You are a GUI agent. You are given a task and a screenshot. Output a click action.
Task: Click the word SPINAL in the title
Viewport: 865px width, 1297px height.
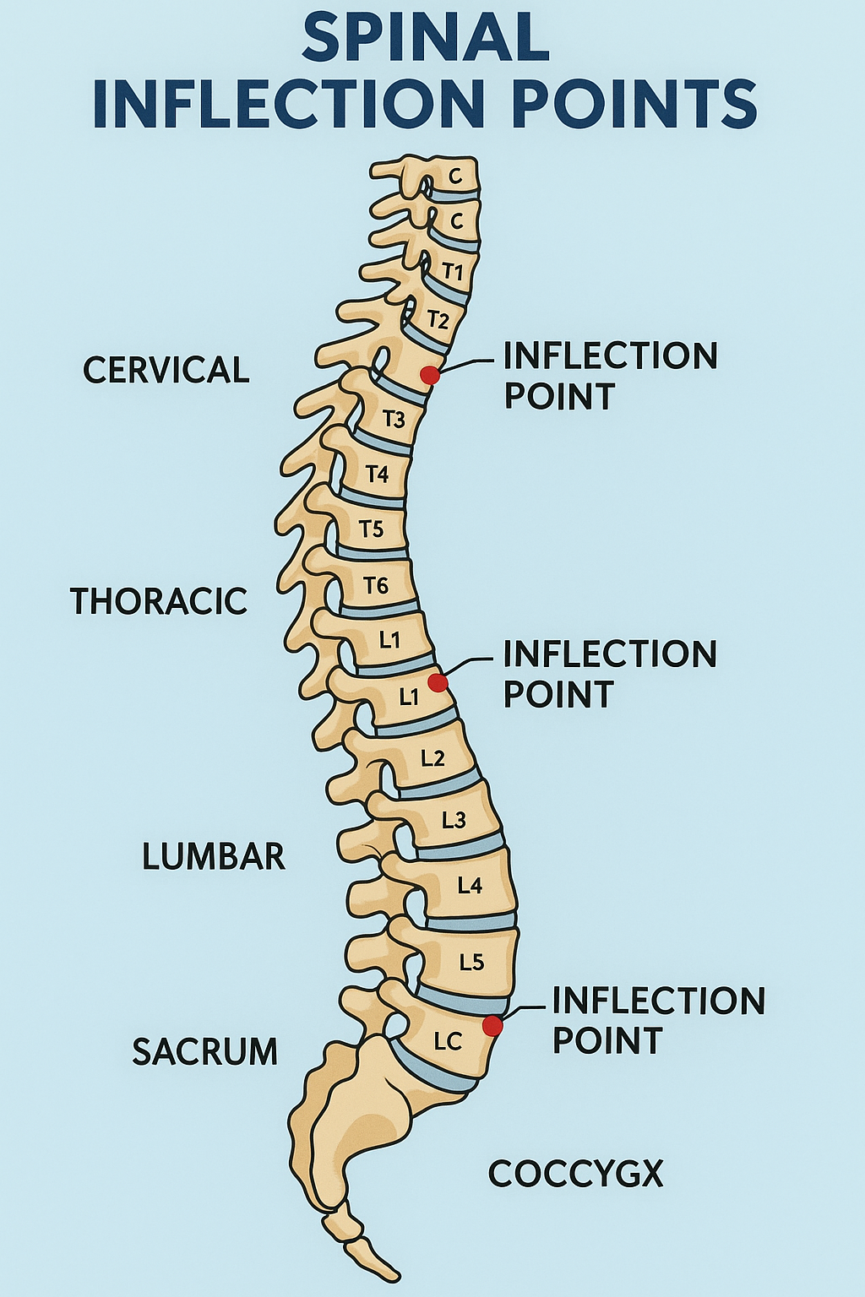pos(425,38)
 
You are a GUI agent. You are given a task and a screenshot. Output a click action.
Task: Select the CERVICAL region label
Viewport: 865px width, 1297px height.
pos(166,370)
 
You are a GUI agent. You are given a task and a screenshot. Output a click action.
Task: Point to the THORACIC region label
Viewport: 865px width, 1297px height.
pos(158,601)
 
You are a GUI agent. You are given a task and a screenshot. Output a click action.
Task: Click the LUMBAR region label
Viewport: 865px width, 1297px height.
pos(213,856)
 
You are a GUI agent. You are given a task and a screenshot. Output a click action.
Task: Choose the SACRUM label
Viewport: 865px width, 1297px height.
pos(204,1051)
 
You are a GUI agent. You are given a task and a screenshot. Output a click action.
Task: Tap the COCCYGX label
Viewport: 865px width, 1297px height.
pos(576,1174)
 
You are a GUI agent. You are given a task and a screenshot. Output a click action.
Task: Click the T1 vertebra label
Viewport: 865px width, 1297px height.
pos(454,272)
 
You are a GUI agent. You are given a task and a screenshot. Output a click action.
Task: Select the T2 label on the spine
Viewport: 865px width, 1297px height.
pos(438,319)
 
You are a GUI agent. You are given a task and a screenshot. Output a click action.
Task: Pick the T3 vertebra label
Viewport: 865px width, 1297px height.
pos(394,419)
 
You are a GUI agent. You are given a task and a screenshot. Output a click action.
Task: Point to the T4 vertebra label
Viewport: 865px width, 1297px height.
pos(377,475)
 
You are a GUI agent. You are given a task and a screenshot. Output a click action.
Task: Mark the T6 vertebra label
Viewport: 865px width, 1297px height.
pos(375,584)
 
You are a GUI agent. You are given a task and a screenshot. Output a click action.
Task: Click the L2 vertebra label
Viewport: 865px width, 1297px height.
pos(432,757)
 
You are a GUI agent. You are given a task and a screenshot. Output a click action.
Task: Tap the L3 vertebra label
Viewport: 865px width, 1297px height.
pos(454,819)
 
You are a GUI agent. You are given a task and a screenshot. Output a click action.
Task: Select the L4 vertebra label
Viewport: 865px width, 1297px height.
pos(470,885)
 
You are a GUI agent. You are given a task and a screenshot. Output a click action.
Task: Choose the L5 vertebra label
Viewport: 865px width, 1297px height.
pos(471,962)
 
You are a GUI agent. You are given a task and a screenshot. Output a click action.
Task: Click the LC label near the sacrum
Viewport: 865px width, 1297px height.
pos(448,1042)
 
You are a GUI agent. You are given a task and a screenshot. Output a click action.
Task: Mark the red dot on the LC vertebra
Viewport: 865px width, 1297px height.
pos(492,1026)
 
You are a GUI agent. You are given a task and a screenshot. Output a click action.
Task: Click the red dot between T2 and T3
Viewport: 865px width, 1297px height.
pos(430,375)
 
